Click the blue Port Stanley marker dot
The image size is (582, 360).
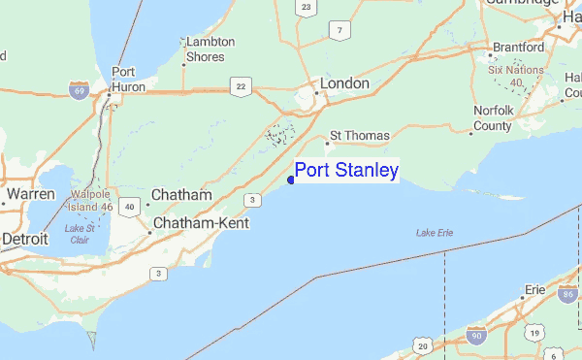tap(291, 178)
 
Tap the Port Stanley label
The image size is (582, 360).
tap(346, 171)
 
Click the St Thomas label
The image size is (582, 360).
tap(360, 136)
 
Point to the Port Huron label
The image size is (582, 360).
tap(122, 78)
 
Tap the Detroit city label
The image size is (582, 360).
tap(25, 238)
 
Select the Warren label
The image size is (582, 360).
tap(29, 194)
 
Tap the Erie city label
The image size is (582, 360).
tap(534, 289)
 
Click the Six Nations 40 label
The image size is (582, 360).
tap(519, 77)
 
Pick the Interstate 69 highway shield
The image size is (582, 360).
tap(78, 90)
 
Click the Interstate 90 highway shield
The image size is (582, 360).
tap(475, 336)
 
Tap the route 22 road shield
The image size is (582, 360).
tap(238, 86)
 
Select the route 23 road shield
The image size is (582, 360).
tap(306, 8)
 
